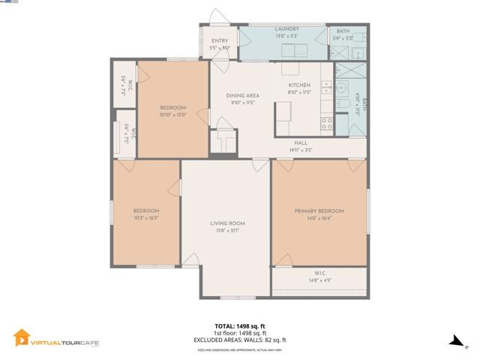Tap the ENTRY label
220,41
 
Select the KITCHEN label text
299,85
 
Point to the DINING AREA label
243,96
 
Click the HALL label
300,142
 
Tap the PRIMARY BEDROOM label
319,211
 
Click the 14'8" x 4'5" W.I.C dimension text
319,280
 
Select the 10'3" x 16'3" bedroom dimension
146,219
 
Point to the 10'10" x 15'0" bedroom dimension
172,115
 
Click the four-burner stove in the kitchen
327,124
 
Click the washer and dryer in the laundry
294,51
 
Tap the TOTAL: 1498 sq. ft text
239,326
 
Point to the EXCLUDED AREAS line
239,340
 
